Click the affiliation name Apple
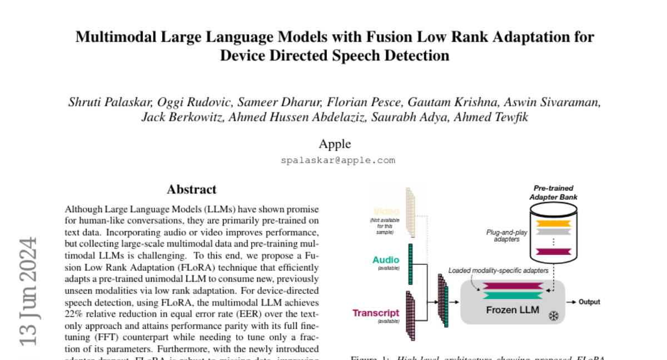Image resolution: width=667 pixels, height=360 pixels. click(335, 144)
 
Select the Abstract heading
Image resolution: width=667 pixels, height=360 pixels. click(192, 189)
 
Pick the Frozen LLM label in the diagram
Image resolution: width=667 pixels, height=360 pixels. click(512, 309)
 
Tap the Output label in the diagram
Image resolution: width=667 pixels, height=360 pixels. click(589, 302)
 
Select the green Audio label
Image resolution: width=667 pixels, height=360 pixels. click(386, 260)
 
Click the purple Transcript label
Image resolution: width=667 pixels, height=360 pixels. click(376, 313)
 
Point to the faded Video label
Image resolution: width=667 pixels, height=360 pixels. click(386, 212)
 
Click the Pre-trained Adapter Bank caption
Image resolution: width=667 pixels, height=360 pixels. click(553, 192)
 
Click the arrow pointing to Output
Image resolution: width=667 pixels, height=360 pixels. click(571, 302)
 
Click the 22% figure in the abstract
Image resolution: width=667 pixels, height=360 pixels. click(74, 314)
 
